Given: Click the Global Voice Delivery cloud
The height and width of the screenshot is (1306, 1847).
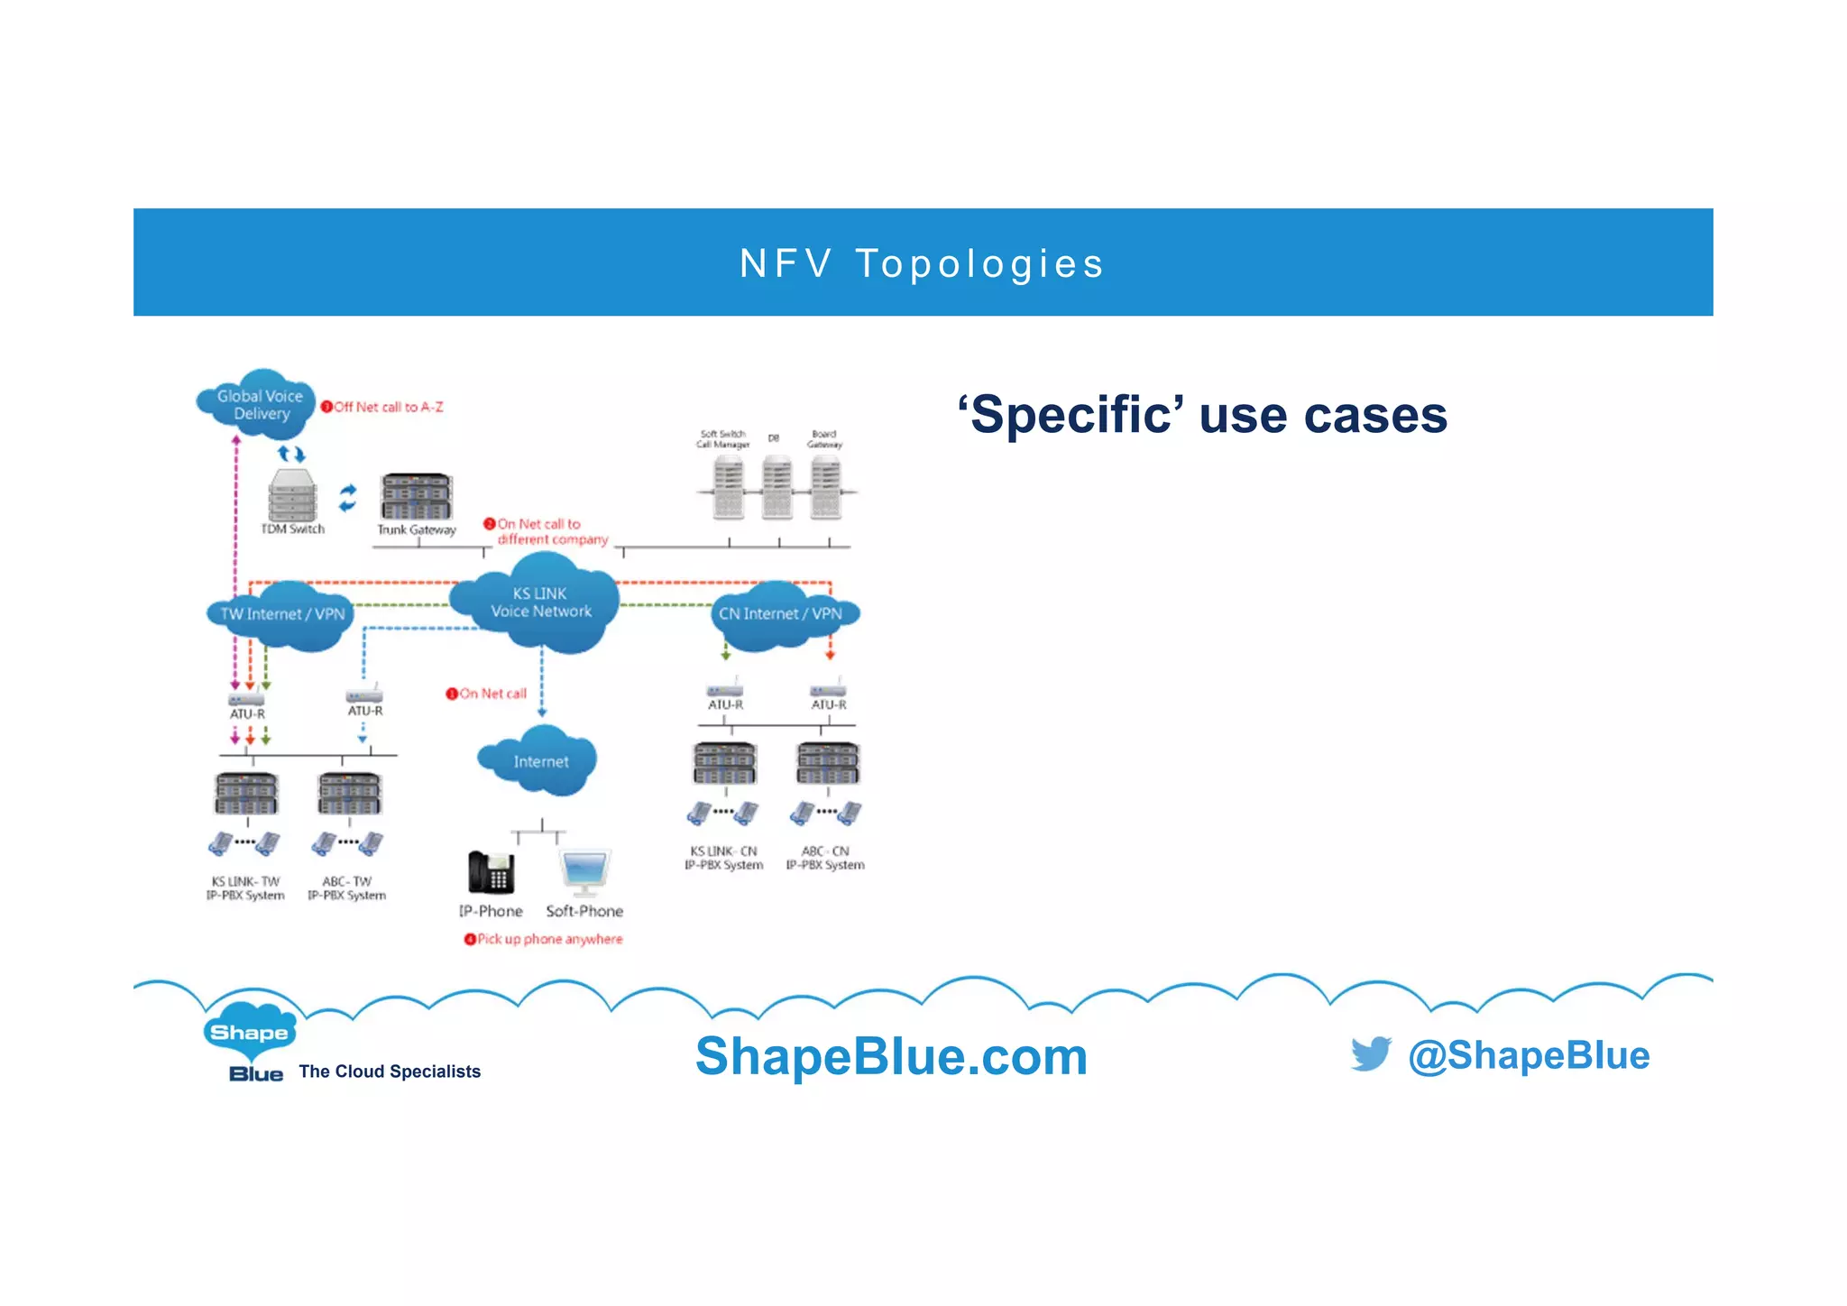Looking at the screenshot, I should click(257, 404).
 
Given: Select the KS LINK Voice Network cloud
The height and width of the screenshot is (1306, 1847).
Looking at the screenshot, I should click(539, 602).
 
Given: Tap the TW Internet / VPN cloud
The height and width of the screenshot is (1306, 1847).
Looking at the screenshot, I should click(281, 614).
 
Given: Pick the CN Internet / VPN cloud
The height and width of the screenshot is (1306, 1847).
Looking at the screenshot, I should click(781, 614).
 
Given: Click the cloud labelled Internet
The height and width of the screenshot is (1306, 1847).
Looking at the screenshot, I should click(540, 761).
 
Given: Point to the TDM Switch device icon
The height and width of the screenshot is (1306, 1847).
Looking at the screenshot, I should click(292, 494).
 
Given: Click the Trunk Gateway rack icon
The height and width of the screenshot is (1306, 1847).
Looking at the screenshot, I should click(416, 495).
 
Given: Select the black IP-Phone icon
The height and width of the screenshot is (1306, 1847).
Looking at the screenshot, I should click(491, 872).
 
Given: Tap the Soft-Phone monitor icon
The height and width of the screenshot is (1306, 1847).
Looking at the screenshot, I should click(584, 870).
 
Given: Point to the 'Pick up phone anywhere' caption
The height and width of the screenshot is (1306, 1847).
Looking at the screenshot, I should click(549, 939).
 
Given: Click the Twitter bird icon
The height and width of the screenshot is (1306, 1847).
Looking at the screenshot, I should click(1371, 1053).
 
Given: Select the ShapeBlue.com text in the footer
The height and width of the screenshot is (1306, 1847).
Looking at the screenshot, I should click(891, 1056).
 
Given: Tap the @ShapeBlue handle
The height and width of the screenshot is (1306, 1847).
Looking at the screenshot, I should click(1529, 1055).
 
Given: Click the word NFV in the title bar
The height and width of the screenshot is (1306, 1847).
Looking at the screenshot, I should click(786, 263).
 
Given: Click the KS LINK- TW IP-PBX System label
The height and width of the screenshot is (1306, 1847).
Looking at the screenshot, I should click(245, 888).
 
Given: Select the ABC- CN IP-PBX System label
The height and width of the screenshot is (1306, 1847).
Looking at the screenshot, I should click(825, 858).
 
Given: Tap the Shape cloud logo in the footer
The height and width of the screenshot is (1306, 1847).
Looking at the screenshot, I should click(249, 1032).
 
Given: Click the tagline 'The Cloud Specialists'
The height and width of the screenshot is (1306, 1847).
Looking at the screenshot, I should click(390, 1071).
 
